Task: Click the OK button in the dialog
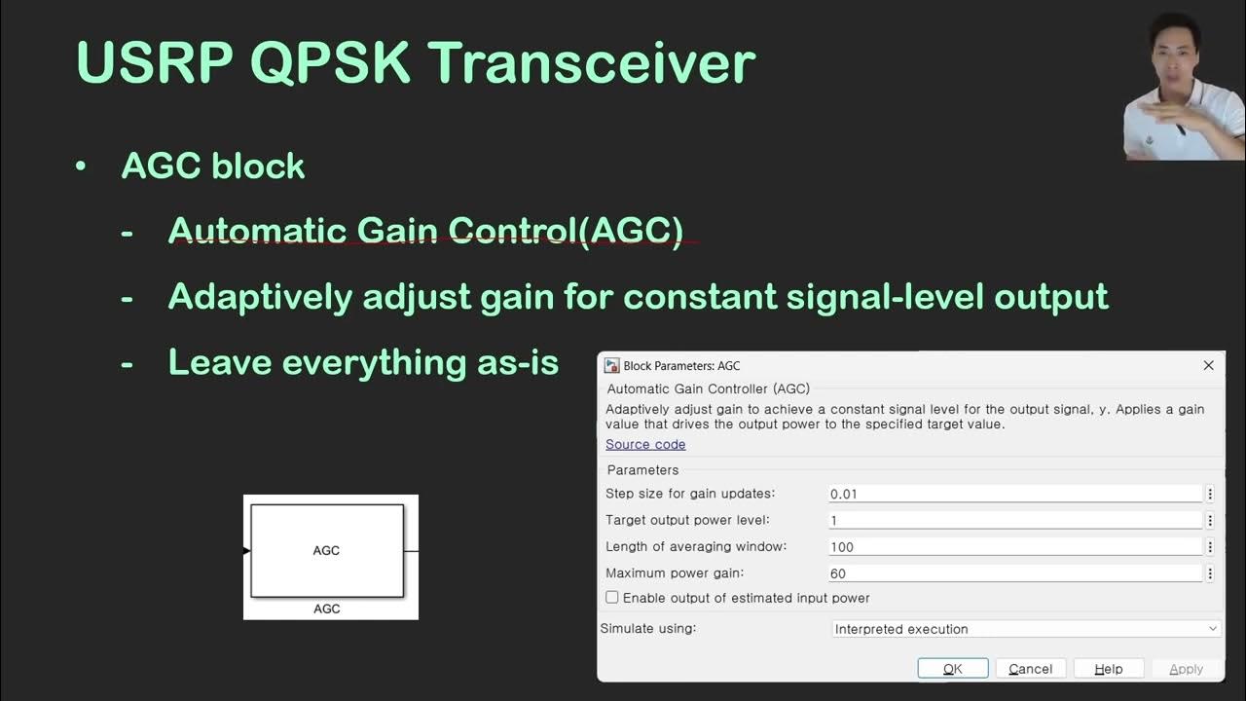tap(953, 669)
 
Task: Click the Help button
tap(1108, 669)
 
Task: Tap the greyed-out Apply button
tap(1186, 669)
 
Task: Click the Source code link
tap(645, 444)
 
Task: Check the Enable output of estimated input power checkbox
tap(612, 597)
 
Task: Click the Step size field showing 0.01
tap(1015, 494)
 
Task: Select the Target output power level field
tap(1015, 520)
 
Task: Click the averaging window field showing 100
tap(1015, 546)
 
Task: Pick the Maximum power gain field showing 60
tap(1015, 573)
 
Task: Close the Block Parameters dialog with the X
tap(1208, 365)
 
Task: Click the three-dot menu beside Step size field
tap(1210, 494)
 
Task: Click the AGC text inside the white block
tap(326, 550)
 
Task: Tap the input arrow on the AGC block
tap(246, 551)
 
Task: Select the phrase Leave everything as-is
tap(363, 362)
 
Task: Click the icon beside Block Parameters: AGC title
tap(612, 365)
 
